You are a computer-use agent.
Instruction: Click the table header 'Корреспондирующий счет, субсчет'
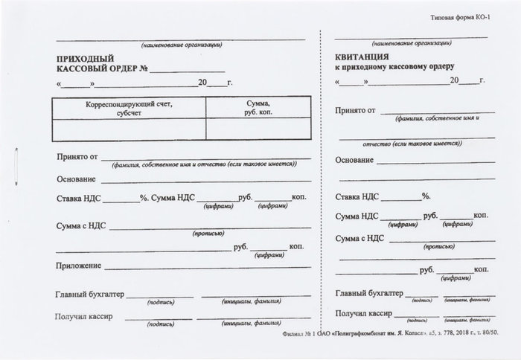128,109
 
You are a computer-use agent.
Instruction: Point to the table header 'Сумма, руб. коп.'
256,109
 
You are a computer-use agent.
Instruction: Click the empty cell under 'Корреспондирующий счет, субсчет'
128,129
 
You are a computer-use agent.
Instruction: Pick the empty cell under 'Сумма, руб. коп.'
256,129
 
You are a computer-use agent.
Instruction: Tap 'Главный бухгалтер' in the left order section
89,295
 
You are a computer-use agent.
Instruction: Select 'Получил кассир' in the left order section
84,317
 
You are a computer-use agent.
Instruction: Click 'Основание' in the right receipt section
354,161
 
